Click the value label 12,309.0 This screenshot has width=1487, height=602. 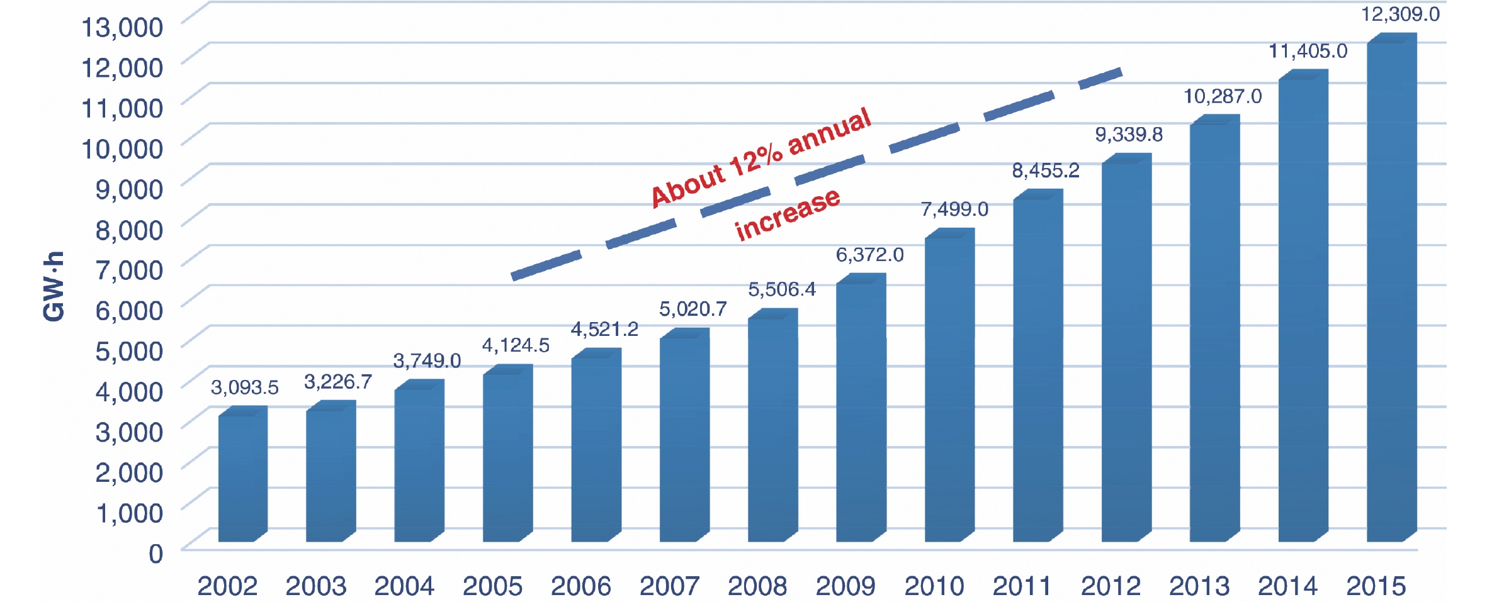point(1400,14)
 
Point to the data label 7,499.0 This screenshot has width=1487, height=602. point(954,209)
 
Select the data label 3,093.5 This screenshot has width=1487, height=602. point(244,387)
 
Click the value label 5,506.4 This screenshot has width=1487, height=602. point(781,289)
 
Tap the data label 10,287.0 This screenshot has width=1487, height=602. point(1223,96)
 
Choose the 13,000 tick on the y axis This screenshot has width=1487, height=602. point(122,27)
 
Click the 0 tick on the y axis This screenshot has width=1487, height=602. point(155,554)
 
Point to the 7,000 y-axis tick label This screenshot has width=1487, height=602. point(129,270)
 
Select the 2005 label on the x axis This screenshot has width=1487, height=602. point(492,586)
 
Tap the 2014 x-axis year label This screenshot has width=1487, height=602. point(1287,586)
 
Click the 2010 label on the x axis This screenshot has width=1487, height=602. point(934,586)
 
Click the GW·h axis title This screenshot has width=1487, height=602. point(54,286)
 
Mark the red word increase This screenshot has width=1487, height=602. point(787,214)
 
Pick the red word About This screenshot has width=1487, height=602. point(687,186)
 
